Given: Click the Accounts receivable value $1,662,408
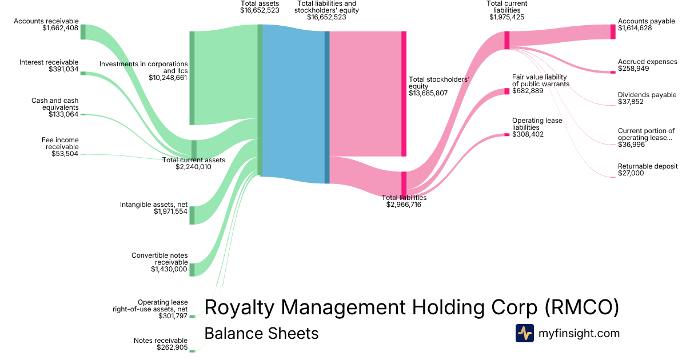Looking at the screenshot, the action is pyautogui.click(x=60, y=28).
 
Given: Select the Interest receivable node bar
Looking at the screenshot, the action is pyautogui.click(x=83, y=73).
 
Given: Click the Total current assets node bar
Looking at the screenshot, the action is pyautogui.click(x=194, y=148).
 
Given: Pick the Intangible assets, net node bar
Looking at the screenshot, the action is pyautogui.click(x=192, y=215).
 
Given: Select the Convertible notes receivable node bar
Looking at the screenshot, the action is pyautogui.click(x=192, y=270).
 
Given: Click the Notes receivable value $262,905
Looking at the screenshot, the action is pyautogui.click(x=172, y=347).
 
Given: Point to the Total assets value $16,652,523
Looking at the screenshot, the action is pyautogui.click(x=260, y=10).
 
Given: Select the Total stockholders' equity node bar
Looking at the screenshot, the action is pyautogui.click(x=404, y=94).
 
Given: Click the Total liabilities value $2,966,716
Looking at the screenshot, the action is pyautogui.click(x=404, y=204).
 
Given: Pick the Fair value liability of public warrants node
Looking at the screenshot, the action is pyautogui.click(x=506, y=91).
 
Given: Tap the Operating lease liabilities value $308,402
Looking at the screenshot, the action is pyautogui.click(x=528, y=134).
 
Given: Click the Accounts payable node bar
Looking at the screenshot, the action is pyautogui.click(x=613, y=31).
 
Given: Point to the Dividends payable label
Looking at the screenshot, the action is pyautogui.click(x=647, y=95).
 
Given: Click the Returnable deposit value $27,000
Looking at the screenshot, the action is pyautogui.click(x=631, y=173).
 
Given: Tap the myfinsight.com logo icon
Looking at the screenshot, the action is pyautogui.click(x=524, y=333).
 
